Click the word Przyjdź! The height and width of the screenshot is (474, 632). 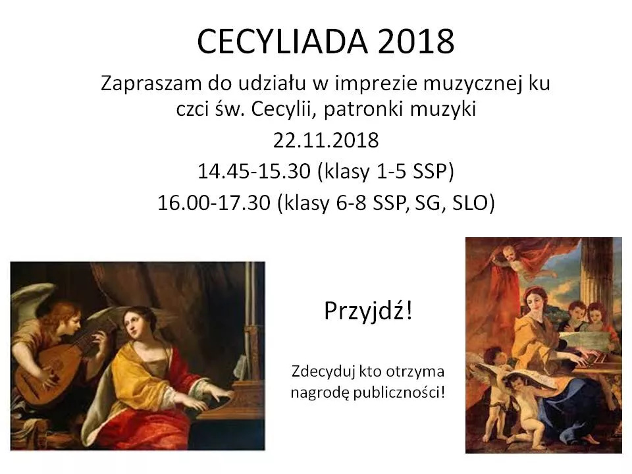tap(368, 311)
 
